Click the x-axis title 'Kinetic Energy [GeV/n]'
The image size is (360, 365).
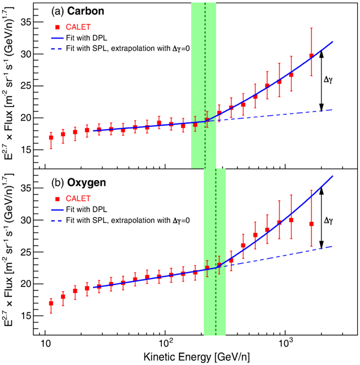click(197, 355)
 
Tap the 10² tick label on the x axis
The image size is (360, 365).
click(165, 342)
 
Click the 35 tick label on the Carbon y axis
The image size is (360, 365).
click(26, 23)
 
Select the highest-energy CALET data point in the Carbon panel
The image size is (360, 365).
click(311, 55)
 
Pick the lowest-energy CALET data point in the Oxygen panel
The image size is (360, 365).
click(51, 303)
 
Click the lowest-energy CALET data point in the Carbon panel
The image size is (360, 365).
click(51, 137)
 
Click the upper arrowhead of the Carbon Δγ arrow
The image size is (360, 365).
click(321, 53)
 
